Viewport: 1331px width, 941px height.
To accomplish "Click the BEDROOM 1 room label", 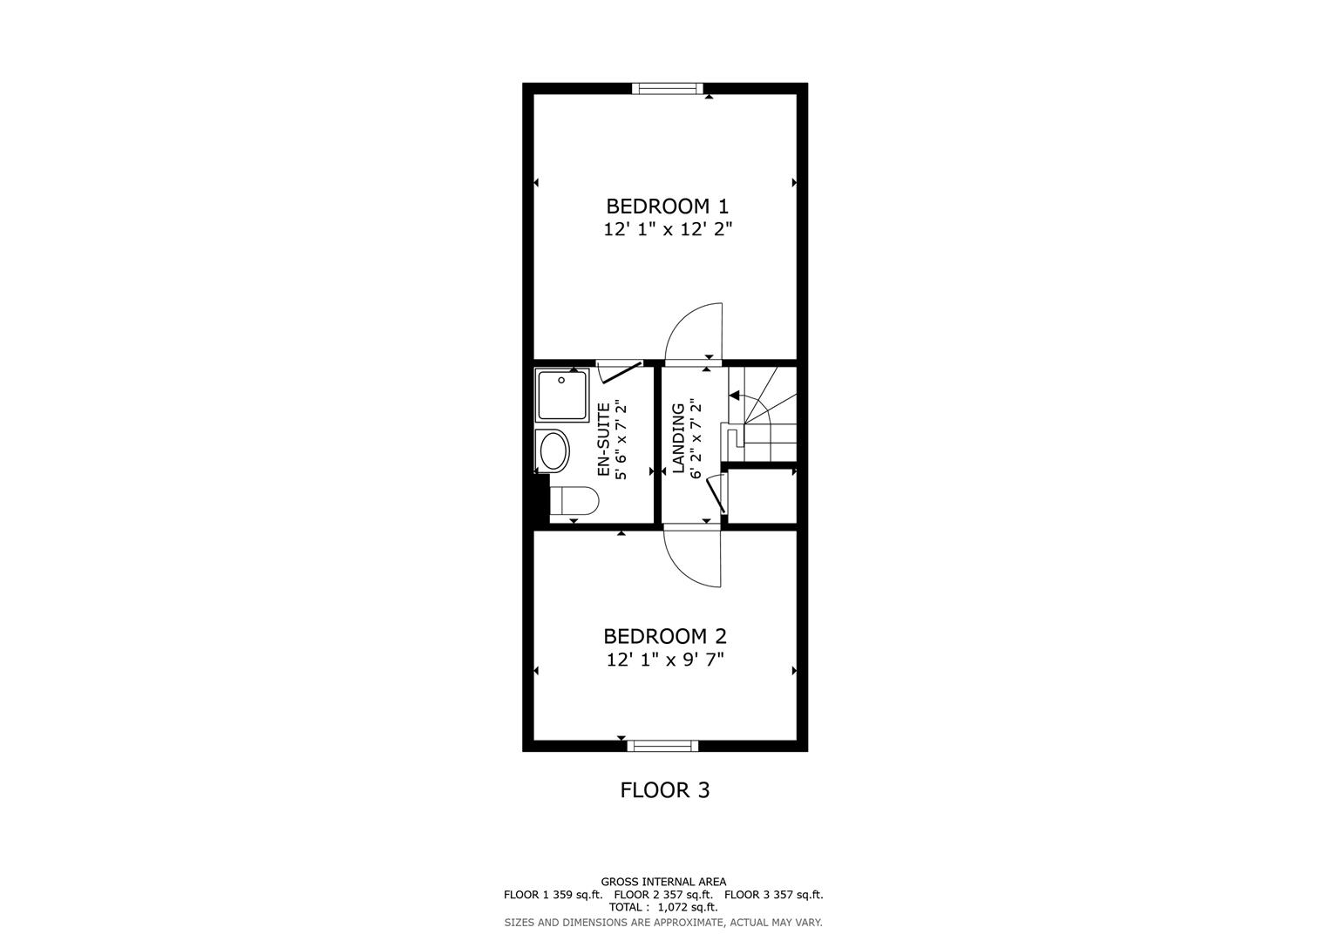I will pos(667,206).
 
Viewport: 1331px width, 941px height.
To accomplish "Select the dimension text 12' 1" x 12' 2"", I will pos(667,230).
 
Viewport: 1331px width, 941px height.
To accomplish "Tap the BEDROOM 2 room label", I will pos(664,637).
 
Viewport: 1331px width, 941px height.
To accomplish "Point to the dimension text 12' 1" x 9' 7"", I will pos(665,660).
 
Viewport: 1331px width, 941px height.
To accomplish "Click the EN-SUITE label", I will pos(602,439).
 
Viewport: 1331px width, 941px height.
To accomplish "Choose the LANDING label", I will pos(677,438).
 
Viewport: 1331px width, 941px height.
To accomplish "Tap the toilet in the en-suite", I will pos(574,502).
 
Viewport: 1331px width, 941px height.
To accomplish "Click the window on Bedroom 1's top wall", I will pos(667,88).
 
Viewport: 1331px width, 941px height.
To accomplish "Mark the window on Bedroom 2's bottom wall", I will pos(662,746).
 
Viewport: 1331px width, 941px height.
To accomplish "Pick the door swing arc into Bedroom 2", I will pos(693,559).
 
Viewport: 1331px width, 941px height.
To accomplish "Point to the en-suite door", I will pos(621,372).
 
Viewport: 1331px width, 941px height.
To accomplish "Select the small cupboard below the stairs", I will pos(761,497).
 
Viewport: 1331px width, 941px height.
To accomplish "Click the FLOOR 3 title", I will pos(664,790).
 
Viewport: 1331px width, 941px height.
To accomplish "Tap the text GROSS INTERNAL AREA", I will pos(663,882).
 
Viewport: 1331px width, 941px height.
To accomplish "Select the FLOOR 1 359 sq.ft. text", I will pos(553,895).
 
